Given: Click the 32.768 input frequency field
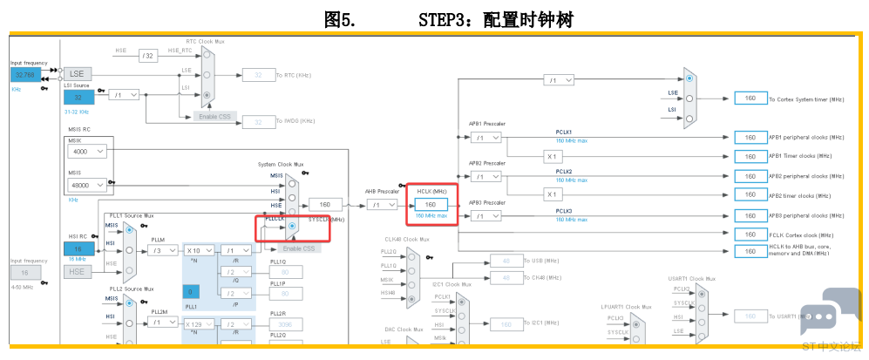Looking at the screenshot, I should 24,75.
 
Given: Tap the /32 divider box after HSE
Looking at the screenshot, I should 147,56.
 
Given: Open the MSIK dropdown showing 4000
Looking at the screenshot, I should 87,152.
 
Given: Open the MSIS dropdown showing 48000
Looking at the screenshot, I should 87,185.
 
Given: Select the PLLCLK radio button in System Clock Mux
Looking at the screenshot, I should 292,226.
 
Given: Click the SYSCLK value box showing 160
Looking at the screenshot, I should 325,205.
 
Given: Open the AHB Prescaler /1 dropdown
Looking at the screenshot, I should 380,205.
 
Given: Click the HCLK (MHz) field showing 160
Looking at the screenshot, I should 431,205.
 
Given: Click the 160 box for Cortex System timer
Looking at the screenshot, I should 750,98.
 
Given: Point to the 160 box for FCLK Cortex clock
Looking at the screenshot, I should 750,234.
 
